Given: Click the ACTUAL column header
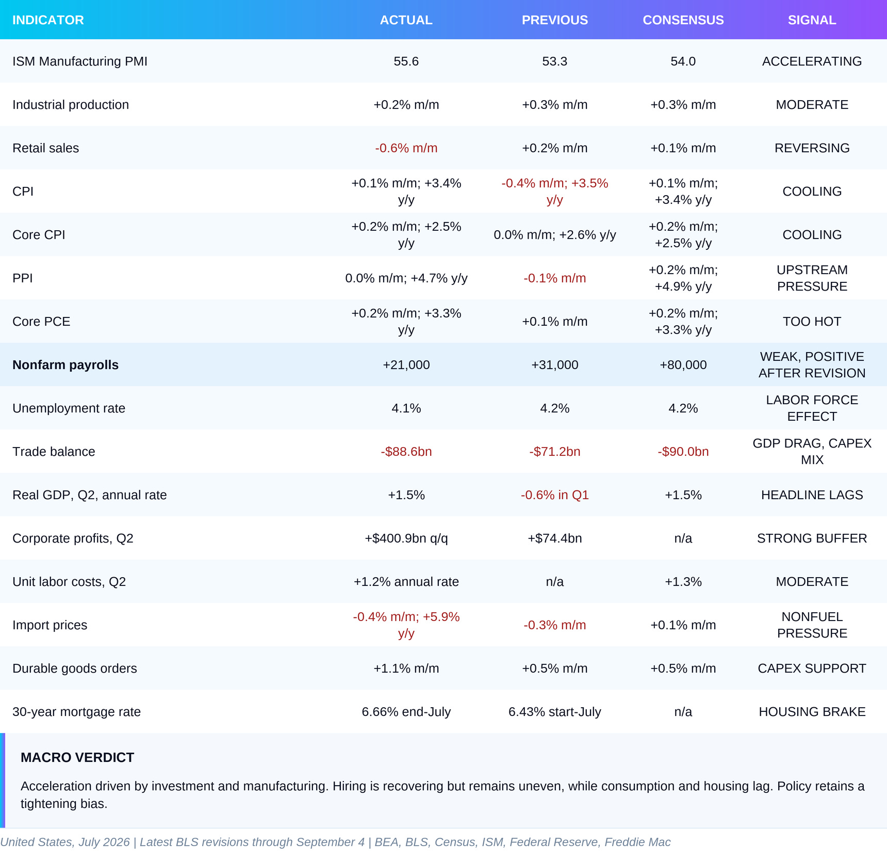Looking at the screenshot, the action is pyautogui.click(x=406, y=20).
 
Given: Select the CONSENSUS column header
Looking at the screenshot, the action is pyautogui.click(x=683, y=20).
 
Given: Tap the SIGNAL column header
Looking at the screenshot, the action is pyautogui.click(x=812, y=20).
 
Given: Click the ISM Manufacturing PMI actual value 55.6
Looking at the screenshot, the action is pyautogui.click(x=406, y=61).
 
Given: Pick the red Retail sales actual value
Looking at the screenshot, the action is pyautogui.click(x=406, y=148).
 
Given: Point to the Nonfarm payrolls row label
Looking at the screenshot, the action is pyautogui.click(x=65, y=365).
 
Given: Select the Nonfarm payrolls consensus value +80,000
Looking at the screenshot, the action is pyautogui.click(x=683, y=365).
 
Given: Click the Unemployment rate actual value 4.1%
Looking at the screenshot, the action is pyautogui.click(x=406, y=408).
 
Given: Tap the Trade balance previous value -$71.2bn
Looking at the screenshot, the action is pyautogui.click(x=554, y=452).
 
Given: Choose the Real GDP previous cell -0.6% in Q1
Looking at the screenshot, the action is pyautogui.click(x=554, y=495).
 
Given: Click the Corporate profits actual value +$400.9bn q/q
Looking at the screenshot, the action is pyautogui.click(x=406, y=538).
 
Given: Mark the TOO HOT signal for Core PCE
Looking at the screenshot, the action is pyautogui.click(x=812, y=322).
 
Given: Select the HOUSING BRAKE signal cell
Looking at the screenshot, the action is pyautogui.click(x=812, y=712).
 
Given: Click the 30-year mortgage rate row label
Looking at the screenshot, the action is pyautogui.click(x=76, y=712).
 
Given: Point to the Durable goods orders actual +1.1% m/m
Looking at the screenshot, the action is pyautogui.click(x=406, y=669).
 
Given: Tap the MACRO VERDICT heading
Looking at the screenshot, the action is pyautogui.click(x=77, y=757).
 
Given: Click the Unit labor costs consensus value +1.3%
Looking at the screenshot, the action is pyautogui.click(x=683, y=582).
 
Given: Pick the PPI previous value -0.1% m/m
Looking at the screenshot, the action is pyautogui.click(x=554, y=278).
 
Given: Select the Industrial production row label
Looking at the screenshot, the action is pyautogui.click(x=71, y=105).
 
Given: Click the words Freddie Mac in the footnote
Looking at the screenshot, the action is pyautogui.click(x=637, y=842).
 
